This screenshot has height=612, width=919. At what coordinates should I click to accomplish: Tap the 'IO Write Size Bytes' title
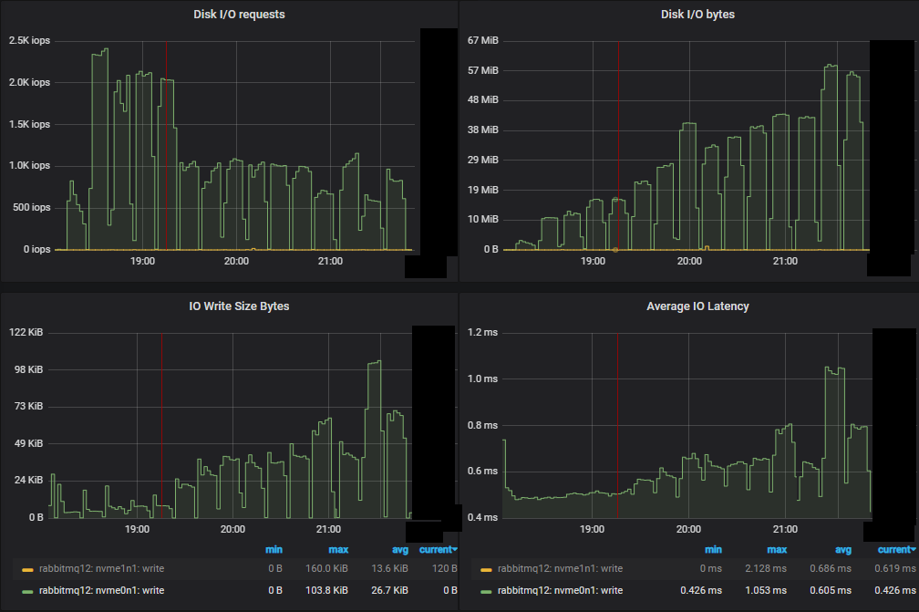(232, 306)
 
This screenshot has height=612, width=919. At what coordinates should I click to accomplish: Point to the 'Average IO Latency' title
(697, 306)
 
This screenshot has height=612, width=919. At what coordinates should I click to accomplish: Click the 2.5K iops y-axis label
(29, 41)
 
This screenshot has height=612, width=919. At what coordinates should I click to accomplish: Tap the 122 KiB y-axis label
(26, 333)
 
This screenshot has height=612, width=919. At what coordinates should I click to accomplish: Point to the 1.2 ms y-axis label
(482, 333)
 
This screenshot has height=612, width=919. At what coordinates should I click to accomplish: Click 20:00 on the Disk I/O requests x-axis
(236, 262)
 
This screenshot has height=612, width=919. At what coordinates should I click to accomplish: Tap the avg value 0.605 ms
(832, 590)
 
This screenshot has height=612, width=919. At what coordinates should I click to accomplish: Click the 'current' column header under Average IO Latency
(894, 550)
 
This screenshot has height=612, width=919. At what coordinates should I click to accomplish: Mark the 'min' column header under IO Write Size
(274, 550)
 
